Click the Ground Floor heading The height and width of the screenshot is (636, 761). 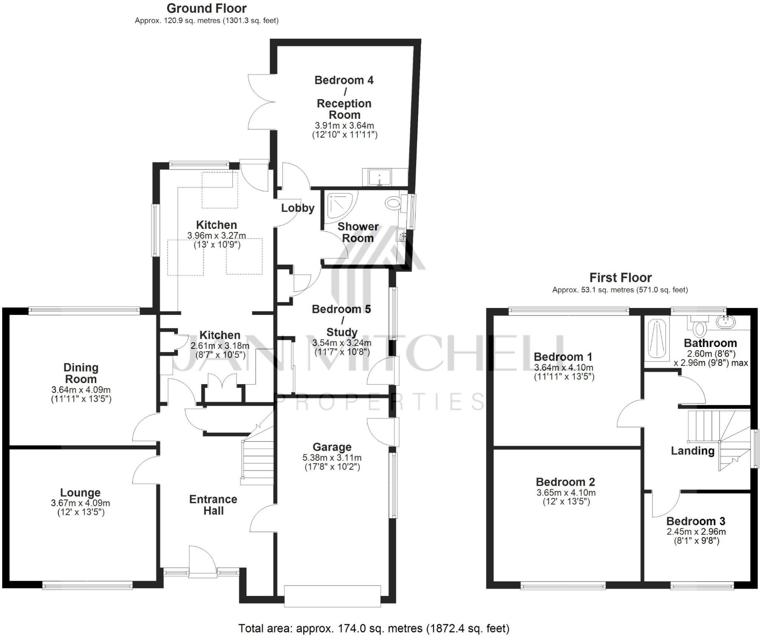tap(206, 9)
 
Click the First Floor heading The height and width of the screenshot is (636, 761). tap(620, 278)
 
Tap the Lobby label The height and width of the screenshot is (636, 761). tap(297, 208)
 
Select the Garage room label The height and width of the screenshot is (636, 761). tap(332, 447)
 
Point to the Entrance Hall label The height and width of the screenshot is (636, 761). tap(213, 504)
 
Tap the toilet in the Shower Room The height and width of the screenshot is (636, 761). tap(393, 203)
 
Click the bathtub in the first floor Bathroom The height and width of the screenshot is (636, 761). tap(657, 338)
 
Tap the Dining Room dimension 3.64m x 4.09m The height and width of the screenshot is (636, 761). tap(81, 390)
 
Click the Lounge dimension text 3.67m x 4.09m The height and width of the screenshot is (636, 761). tap(80, 503)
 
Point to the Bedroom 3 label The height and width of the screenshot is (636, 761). tap(696, 521)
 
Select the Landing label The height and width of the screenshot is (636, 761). tap(692, 451)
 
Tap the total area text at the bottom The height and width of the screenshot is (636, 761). tap(373, 628)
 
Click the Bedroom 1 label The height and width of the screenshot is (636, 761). tap(563, 357)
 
